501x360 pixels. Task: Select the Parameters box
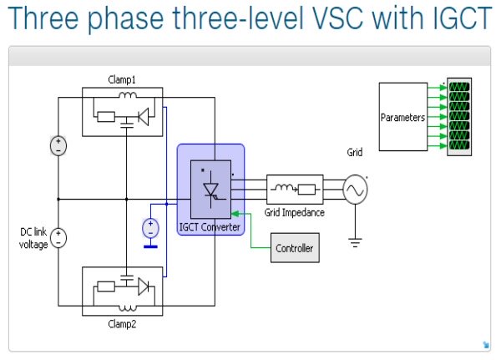pos(403,117)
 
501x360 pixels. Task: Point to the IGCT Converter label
pos(210,227)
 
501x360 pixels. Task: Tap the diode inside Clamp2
pos(144,286)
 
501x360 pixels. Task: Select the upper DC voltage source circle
pos(58,145)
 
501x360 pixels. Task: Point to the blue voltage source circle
pos(150,226)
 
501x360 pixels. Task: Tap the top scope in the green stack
pos(458,87)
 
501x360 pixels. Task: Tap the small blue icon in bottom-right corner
pos(485,344)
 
